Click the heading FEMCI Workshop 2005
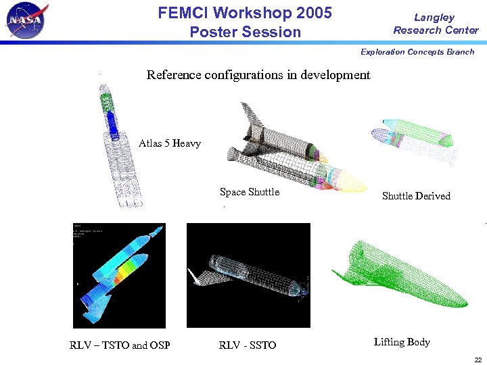(245, 13)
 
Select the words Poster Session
(245, 32)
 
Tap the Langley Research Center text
(436, 24)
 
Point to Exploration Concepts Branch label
(417, 52)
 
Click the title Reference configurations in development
(258, 75)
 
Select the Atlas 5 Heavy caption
(170, 143)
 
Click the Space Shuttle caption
(250, 192)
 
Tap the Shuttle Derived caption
(416, 196)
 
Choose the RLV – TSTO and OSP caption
(120, 345)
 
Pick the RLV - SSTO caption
(248, 345)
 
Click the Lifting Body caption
(402, 342)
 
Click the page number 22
(478, 360)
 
